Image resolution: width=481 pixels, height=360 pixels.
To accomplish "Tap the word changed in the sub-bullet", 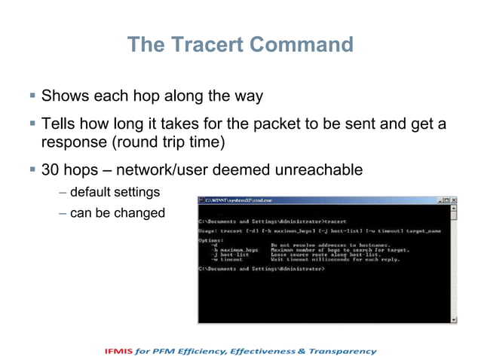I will tap(139, 213).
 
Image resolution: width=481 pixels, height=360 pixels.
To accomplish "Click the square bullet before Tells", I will tap(32, 123).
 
